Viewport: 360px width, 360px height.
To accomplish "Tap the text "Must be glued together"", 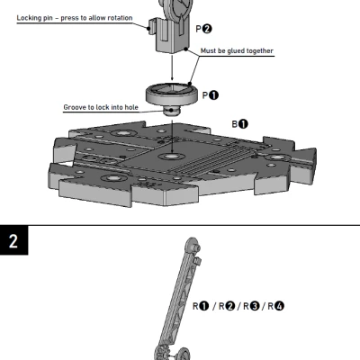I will click(x=237, y=51).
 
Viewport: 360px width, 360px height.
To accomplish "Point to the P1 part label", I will click(x=209, y=94).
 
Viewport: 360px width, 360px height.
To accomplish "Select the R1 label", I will click(x=202, y=306).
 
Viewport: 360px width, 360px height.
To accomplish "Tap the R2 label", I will click(x=228, y=306).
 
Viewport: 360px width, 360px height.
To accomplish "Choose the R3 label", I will click(x=253, y=306).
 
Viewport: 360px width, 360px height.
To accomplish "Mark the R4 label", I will click(x=277, y=306).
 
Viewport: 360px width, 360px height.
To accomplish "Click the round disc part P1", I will click(x=170, y=93).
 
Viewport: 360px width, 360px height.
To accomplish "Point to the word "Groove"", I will click(x=76, y=106).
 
